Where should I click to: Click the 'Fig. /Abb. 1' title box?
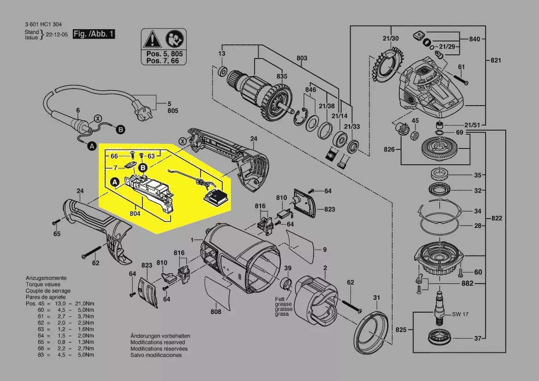pos(94,34)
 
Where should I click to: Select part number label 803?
pos(302,58)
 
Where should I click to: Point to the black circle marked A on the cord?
pos(92,146)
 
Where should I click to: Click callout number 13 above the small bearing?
pos(222,54)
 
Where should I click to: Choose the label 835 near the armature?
pos(282,76)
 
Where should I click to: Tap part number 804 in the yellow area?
pos(135,214)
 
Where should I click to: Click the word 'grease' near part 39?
pos(283,304)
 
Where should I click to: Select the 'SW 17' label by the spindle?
pos(460,314)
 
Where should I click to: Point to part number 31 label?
pos(377,298)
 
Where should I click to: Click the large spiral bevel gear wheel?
pos(440,148)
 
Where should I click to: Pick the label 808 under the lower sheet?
pos(215,311)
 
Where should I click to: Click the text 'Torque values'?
pos(43,285)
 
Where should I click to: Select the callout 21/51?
pos(472,125)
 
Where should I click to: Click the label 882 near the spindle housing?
pos(467,283)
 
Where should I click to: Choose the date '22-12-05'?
pos(57,35)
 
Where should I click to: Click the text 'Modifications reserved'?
pos(157,342)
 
